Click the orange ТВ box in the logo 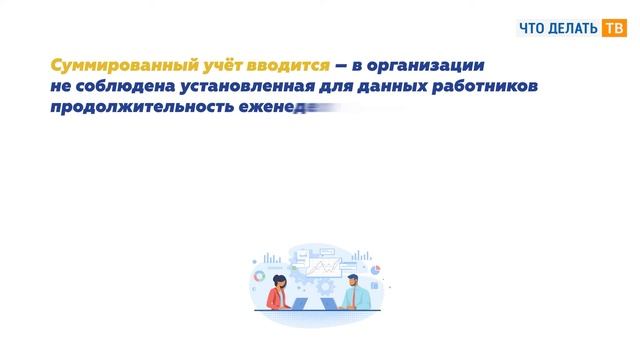coord(612,28)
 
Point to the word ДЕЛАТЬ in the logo coord(575,28)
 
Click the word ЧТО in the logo coord(535,28)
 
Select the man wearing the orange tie coord(358,291)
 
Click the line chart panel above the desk coord(324,269)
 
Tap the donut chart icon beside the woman coord(259,274)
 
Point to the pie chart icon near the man coord(377,269)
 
